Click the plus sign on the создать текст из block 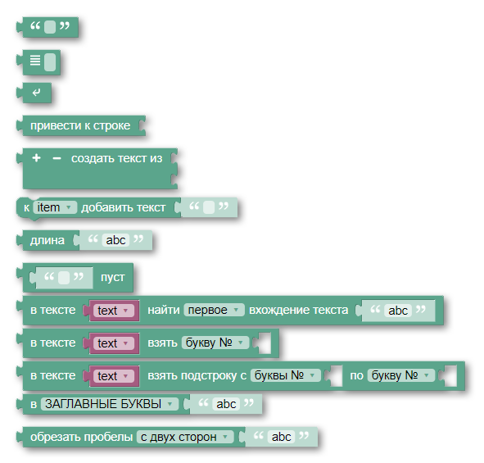(36, 158)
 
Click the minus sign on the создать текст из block (57, 158)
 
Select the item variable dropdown (55, 207)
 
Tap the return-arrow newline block (36, 93)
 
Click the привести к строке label (80, 125)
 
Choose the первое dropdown (214, 310)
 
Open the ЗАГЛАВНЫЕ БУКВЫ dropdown (110, 404)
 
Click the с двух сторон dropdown (185, 437)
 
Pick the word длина (47, 240)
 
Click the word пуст (113, 277)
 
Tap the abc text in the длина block (115, 240)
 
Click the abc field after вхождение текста (398, 311)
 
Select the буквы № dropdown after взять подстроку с (286, 375)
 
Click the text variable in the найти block (114, 311)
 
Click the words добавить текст (124, 207)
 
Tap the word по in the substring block (356, 375)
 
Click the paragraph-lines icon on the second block (35, 60)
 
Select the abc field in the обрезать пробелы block (281, 437)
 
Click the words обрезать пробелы (82, 437)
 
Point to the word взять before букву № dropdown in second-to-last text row (162, 343)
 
